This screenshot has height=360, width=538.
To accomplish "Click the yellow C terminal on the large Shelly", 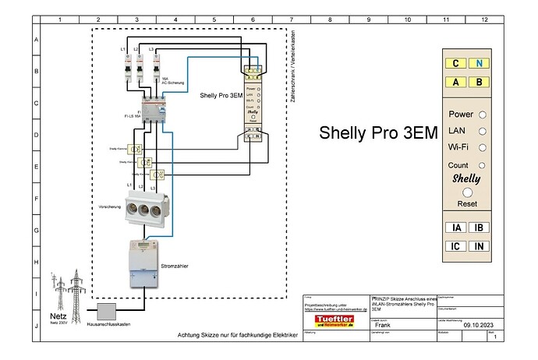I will [455, 64].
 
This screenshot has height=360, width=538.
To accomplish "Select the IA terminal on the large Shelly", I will [455, 228].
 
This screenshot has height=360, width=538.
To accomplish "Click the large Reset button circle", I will [467, 191].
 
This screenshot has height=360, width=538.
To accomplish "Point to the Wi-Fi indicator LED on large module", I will [483, 147].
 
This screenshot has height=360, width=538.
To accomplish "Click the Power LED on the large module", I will [483, 115].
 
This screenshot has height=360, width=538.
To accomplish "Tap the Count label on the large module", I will [458, 164].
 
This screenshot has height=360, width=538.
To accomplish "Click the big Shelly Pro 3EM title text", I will [378, 132].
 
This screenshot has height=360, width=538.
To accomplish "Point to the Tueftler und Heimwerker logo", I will [334, 322].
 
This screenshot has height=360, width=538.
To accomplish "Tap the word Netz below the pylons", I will [58, 316].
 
